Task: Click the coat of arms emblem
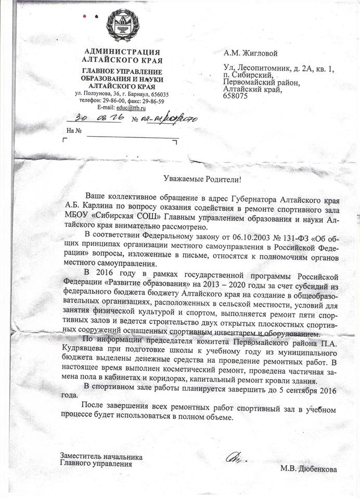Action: tap(122, 28)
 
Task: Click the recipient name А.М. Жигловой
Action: tap(250, 53)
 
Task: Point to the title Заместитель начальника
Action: tap(101, 457)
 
